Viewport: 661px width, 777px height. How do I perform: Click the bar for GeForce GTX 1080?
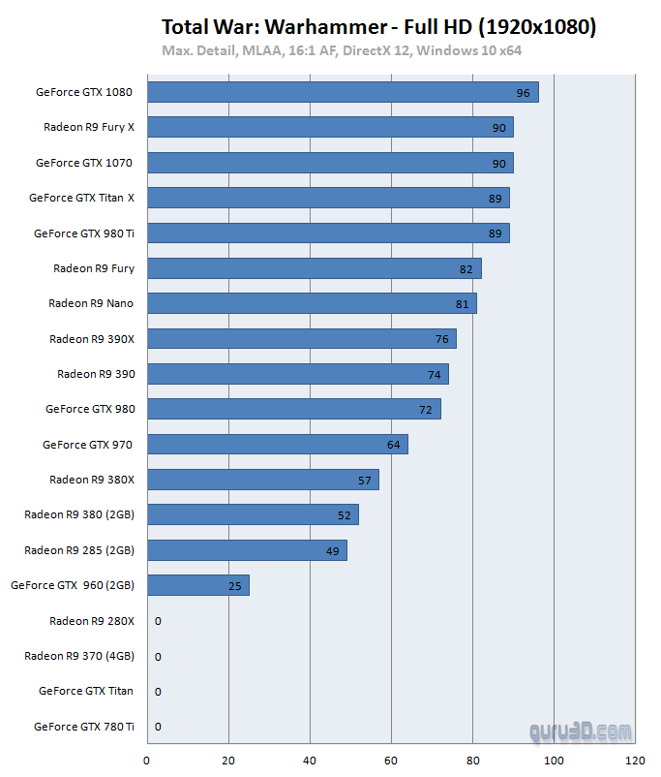coord(343,93)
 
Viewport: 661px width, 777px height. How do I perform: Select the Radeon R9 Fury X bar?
coord(330,128)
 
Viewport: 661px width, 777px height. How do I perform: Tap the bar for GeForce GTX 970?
coord(278,444)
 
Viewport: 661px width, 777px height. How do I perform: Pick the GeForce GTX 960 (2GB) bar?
coord(198,585)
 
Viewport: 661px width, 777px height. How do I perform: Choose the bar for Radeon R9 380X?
coord(263,480)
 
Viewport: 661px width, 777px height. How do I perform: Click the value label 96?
coord(524,93)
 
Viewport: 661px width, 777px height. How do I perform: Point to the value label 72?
coord(426,410)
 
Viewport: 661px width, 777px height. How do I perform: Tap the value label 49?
coord(332,550)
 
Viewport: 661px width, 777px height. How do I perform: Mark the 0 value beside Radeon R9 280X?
coord(158,621)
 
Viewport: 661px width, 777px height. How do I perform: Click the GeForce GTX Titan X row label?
coord(81,198)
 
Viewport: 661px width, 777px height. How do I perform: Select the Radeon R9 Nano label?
coord(91,303)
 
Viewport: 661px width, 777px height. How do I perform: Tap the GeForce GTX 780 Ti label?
coord(84,726)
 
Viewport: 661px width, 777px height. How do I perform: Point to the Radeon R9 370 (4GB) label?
coord(79,656)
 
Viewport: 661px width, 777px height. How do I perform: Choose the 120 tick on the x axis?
coord(635,761)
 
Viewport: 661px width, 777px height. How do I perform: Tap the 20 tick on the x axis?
coord(228,761)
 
